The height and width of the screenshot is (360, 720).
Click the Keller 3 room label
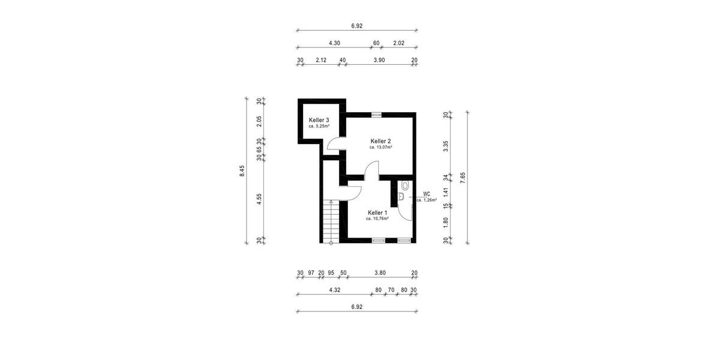coord(319,120)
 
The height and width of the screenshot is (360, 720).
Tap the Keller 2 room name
coord(380,141)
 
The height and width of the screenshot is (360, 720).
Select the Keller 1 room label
coord(377,212)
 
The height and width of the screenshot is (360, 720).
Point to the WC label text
coord(427,194)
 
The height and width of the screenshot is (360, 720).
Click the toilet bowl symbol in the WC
coord(406,185)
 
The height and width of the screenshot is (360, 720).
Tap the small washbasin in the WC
coord(401,197)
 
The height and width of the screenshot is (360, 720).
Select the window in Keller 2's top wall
coord(376,114)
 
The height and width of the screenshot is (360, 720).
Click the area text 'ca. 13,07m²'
coord(380,147)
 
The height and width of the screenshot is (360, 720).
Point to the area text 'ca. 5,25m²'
coord(319,127)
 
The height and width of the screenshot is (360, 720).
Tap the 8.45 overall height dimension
coord(242,171)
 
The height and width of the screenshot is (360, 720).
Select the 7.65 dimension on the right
coord(463,178)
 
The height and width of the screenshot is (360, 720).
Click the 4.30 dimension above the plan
coord(334,43)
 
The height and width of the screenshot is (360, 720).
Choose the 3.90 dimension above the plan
coord(379,60)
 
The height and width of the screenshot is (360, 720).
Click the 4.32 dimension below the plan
coord(335,290)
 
